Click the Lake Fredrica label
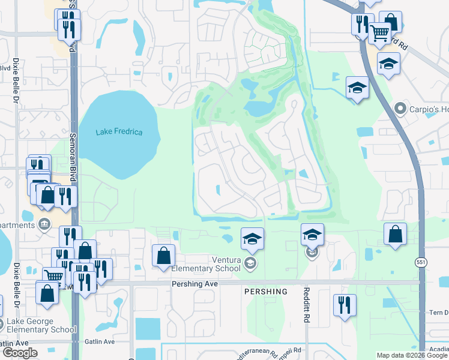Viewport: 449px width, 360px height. point(119,132)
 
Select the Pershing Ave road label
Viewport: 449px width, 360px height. point(194,283)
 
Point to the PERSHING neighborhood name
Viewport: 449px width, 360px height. point(265,292)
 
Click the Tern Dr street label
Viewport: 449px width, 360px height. point(438,313)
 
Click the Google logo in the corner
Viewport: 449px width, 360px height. point(19,353)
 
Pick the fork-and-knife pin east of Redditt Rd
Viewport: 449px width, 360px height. point(345,304)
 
